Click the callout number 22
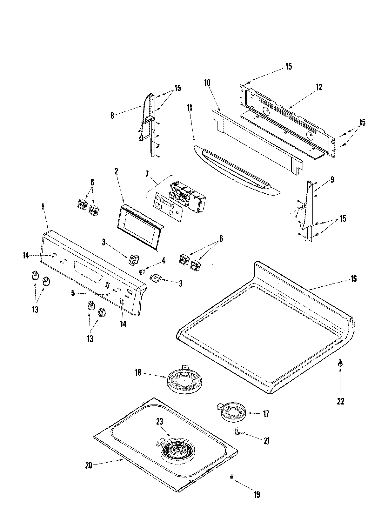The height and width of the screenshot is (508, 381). [x=340, y=401]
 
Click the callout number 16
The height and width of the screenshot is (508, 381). [x=354, y=279]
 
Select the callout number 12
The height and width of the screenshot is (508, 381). [x=319, y=87]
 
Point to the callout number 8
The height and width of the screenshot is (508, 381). [x=112, y=115]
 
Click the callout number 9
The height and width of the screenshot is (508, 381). [x=332, y=180]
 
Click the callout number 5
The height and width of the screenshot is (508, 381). [x=73, y=293]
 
